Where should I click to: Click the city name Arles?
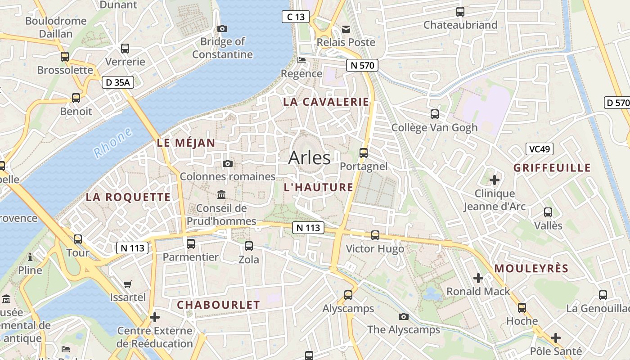tap(309, 158)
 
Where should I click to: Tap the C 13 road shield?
tap(296, 17)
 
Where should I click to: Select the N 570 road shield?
tap(362, 65)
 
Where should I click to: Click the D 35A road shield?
tap(118, 82)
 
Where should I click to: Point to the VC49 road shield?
tap(539, 149)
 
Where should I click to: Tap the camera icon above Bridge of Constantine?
tap(222, 28)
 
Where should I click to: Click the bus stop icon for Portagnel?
tap(364, 153)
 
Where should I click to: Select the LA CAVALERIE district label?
tap(326, 102)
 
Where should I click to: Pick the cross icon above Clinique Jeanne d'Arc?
tap(495, 180)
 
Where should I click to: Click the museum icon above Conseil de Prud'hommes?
tap(221, 194)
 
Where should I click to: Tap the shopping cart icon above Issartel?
tap(128, 284)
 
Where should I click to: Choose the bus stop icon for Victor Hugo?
tap(375, 235)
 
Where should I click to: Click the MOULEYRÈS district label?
tap(531, 269)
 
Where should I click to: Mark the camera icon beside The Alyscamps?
tap(404, 316)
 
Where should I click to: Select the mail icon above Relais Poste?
tap(346, 29)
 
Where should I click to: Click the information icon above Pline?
tap(30, 257)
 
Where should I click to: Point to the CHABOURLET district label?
tap(218, 305)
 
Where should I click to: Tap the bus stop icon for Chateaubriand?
tap(460, 12)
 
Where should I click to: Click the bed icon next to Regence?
tap(301, 60)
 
